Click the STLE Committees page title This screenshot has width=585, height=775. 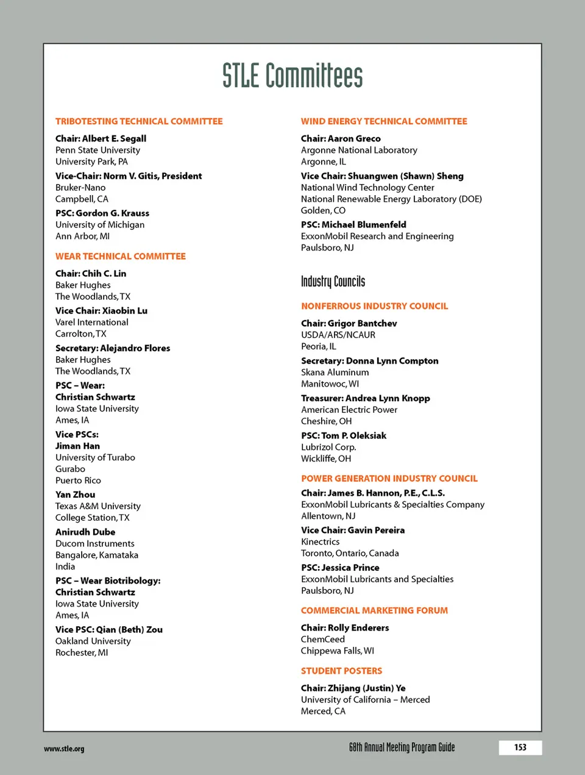pyautogui.click(x=292, y=76)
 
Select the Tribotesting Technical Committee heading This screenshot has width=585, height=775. pyautogui.click(x=139, y=121)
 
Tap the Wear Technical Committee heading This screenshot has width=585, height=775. pyautogui.click(x=121, y=256)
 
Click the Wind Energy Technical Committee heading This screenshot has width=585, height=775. pyautogui.click(x=384, y=121)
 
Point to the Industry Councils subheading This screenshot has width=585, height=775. pyautogui.click(x=333, y=281)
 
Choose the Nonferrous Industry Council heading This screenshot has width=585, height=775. pyautogui.click(x=374, y=306)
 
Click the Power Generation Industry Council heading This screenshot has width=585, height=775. pyautogui.click(x=389, y=479)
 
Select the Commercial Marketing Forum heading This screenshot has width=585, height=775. pyautogui.click(x=374, y=610)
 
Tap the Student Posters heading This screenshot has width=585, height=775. pyautogui.click(x=341, y=671)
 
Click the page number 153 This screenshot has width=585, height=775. pyautogui.click(x=520, y=748)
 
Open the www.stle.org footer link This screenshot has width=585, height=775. pyautogui.click(x=64, y=749)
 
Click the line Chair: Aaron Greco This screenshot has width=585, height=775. pyautogui.click(x=341, y=138)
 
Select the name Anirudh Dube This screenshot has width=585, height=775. pyautogui.click(x=85, y=532)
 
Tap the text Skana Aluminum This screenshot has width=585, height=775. pyautogui.click(x=335, y=372)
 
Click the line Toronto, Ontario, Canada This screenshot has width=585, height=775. pyautogui.click(x=350, y=553)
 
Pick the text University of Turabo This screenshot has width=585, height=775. pyautogui.click(x=95, y=457)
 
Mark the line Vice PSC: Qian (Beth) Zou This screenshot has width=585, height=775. pyautogui.click(x=109, y=629)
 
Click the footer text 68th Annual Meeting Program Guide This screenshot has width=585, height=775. pyautogui.click(x=402, y=748)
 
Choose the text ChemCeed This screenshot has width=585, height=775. pyautogui.click(x=323, y=639)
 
